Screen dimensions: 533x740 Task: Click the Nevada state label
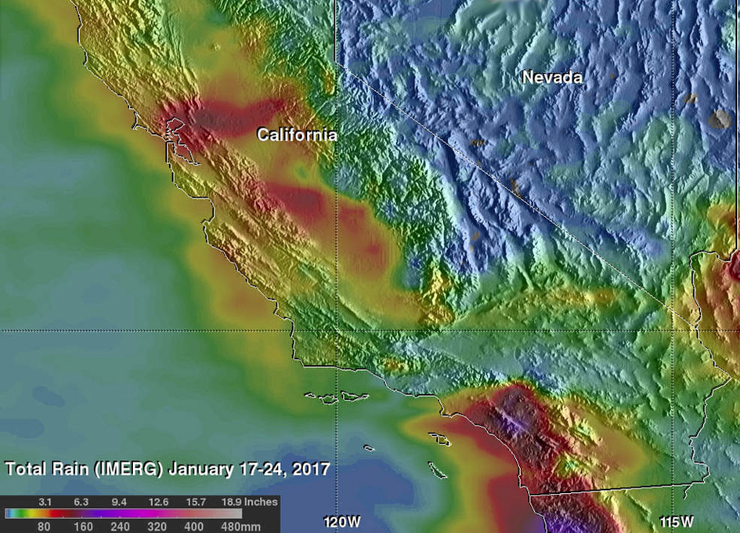pos(552,78)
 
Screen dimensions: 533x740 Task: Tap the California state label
pos(298,136)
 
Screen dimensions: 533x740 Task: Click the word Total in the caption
pos(26,470)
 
